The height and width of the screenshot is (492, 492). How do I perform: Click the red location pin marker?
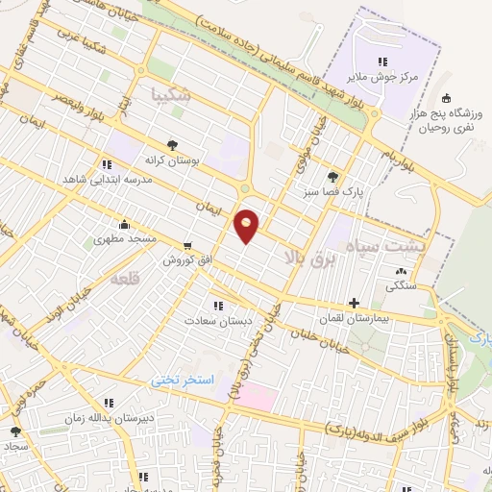pos(248,225)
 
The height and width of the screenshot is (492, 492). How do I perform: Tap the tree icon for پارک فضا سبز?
pos(332,177)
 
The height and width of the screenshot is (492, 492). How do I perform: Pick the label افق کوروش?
pos(186,260)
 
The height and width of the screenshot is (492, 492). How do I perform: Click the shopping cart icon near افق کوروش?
pos(186,245)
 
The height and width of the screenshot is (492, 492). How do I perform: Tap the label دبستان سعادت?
pos(219,321)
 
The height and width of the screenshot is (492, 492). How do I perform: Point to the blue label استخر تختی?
pos(185,381)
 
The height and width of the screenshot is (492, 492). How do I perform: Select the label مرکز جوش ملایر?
pos(383,78)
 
